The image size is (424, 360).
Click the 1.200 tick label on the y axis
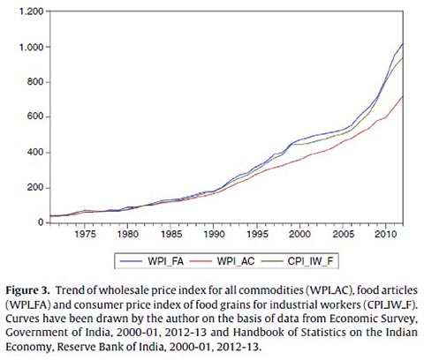31,11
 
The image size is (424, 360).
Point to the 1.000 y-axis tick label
31,47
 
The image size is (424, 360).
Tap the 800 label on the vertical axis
35,82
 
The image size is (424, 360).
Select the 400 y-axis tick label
35,153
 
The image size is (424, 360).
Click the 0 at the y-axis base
41,222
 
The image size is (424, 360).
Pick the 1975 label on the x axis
85,235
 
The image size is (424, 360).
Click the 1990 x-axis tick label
214,235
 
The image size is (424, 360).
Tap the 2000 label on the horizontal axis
299,235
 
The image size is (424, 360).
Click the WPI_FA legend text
166,261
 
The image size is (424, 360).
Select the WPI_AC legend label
236,261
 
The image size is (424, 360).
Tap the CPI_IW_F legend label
311,261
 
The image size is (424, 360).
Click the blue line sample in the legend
131,261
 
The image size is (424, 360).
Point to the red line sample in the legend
201,261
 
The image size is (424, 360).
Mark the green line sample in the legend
270,261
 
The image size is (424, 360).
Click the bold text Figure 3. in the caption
27,291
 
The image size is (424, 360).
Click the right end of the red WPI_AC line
403,96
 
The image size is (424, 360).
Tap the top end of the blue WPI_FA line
403,43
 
